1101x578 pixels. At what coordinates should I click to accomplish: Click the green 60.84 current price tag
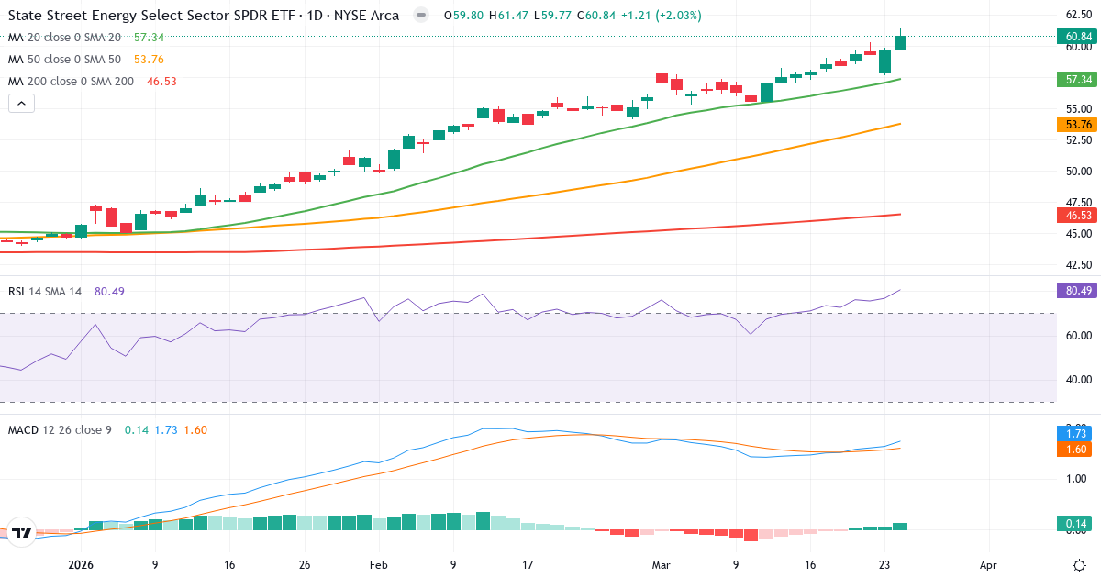tap(1078, 37)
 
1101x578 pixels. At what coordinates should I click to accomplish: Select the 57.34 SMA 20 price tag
tap(1078, 80)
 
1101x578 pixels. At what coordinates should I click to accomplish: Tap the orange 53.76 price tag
tap(1078, 124)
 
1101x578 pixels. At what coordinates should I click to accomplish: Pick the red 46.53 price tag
tap(1078, 215)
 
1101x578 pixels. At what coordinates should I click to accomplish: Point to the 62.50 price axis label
tap(1078, 15)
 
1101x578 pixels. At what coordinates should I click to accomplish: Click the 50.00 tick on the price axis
tap(1078, 171)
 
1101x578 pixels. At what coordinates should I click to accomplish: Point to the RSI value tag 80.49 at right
tap(1078, 291)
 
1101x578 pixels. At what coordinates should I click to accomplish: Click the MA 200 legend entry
tap(72, 82)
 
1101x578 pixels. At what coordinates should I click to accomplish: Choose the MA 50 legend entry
tap(64, 60)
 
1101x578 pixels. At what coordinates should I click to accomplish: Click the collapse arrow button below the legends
tap(21, 104)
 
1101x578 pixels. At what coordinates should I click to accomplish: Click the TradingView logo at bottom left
tap(22, 531)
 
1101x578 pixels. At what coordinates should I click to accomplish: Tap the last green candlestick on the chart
tap(900, 42)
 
